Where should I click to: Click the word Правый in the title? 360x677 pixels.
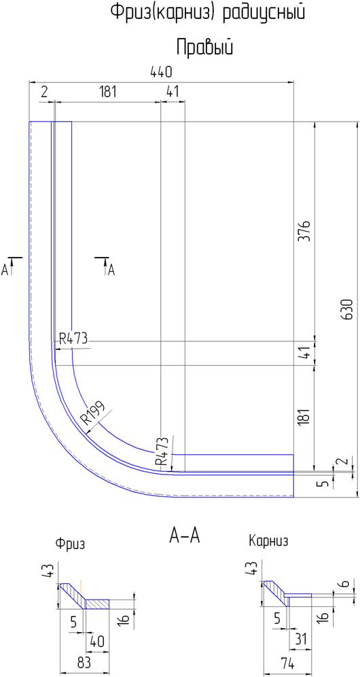pyautogui.click(x=205, y=48)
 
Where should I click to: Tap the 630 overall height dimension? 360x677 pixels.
pyautogui.click(x=348, y=309)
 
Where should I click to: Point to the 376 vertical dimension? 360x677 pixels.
pyautogui.click(x=306, y=231)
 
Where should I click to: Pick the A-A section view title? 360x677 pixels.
pyautogui.click(x=185, y=536)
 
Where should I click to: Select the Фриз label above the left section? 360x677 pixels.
pyautogui.click(x=70, y=544)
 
